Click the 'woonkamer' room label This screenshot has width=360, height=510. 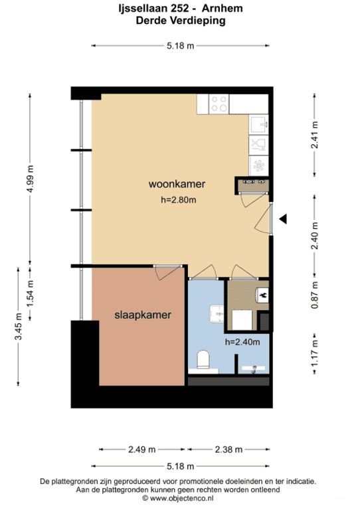click(177, 184)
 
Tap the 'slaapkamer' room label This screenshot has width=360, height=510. click(137, 315)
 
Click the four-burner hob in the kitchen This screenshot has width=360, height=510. click(219, 103)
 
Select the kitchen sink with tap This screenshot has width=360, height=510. click(258, 124)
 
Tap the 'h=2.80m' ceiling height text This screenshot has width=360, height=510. click(179, 200)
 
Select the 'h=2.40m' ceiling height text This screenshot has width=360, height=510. click(242, 343)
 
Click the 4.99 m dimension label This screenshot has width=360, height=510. click(30, 177)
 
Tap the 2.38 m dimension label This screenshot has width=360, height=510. click(227, 449)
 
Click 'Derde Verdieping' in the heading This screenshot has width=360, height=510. click(180, 21)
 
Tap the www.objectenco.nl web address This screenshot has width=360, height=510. click(180, 497)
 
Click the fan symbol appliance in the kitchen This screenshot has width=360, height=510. click(258, 164)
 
